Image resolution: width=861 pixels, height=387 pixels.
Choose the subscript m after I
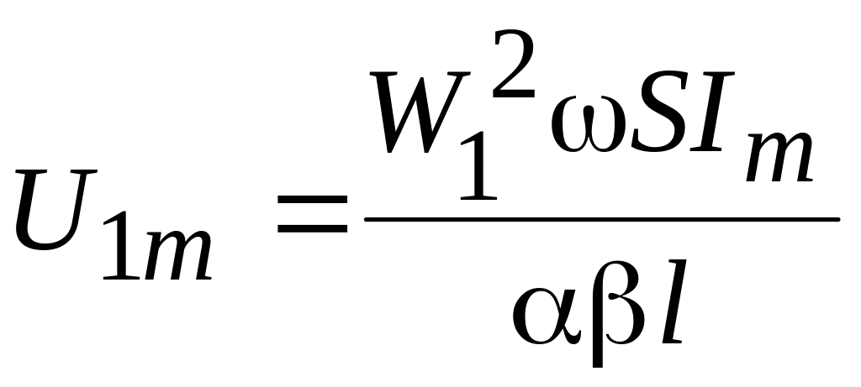pos(779,159)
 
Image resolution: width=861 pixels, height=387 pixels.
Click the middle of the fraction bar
pos(601,221)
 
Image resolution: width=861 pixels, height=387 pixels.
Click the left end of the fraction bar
pos(367,221)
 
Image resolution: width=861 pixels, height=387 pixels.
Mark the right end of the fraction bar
pos(836,221)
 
